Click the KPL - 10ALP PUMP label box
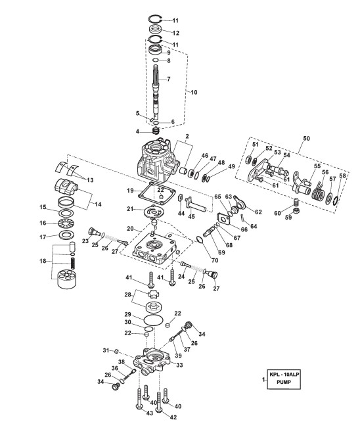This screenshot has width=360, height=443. click(x=284, y=379)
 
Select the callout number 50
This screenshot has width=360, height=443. click(x=306, y=139)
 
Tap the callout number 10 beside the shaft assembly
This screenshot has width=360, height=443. click(x=194, y=93)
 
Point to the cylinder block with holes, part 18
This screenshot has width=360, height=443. click(x=68, y=279)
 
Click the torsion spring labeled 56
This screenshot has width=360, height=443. click(x=318, y=191)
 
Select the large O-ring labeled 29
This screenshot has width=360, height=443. click(x=154, y=320)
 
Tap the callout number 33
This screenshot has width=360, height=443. click(x=179, y=365)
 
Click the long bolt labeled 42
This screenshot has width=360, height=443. click(x=159, y=402)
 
